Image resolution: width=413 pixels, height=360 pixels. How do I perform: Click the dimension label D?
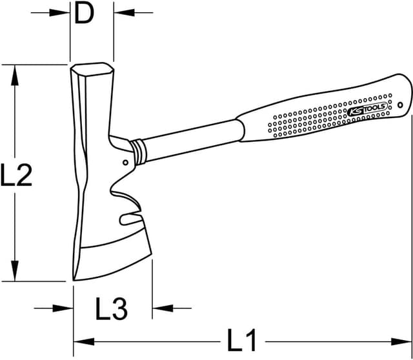pyautogui.click(x=84, y=13)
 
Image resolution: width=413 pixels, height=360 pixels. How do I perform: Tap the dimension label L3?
pyautogui.click(x=112, y=309)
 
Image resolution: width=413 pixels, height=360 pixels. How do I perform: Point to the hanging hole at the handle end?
pyautogui.click(x=400, y=104)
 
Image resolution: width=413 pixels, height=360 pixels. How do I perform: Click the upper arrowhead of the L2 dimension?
pyautogui.click(x=14, y=70)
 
